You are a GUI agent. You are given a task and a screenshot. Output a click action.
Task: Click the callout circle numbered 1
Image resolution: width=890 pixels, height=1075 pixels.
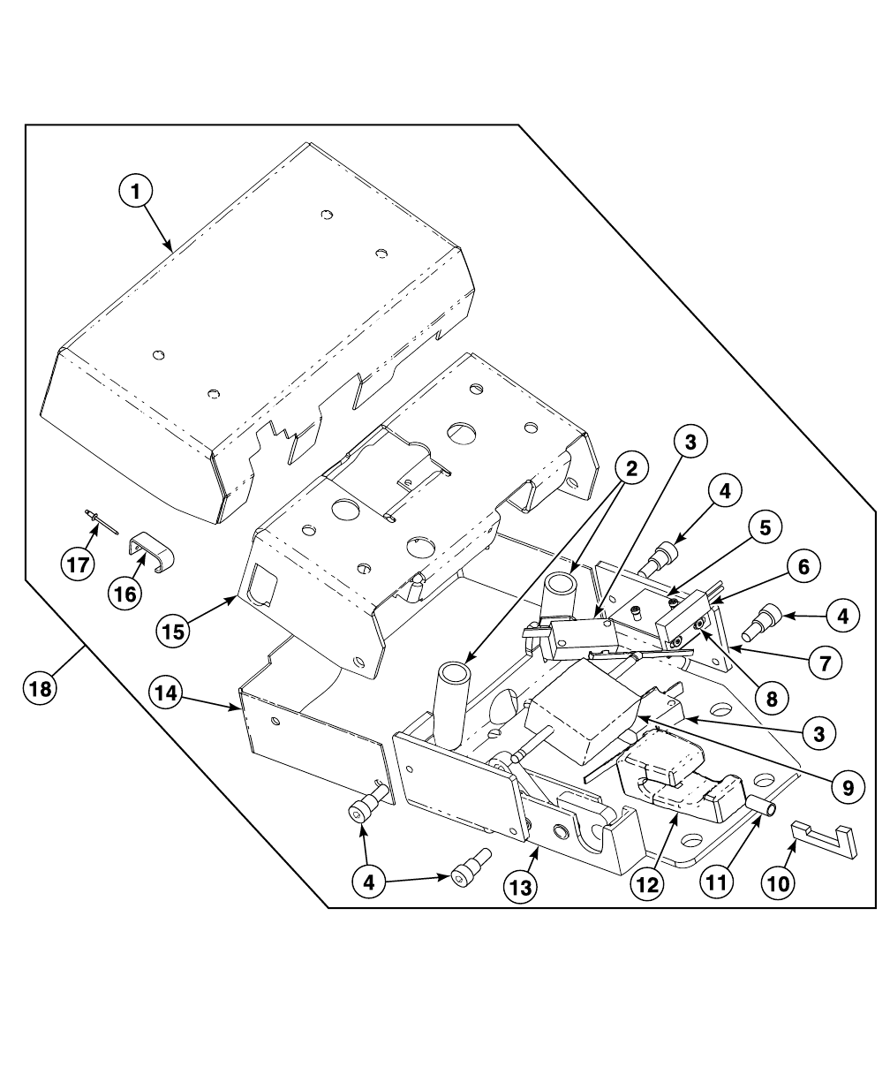(x=137, y=191)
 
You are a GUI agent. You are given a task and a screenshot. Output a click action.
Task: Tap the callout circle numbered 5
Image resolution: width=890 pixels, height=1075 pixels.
(x=765, y=527)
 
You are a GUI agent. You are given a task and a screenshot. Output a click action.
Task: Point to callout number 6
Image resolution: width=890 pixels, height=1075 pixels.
(x=803, y=567)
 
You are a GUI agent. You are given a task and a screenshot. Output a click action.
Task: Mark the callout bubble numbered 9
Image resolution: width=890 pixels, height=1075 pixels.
(x=848, y=787)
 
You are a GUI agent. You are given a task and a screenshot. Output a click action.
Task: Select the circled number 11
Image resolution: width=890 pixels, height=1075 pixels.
(x=718, y=881)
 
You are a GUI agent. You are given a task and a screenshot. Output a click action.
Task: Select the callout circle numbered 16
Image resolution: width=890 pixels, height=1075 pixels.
(x=125, y=594)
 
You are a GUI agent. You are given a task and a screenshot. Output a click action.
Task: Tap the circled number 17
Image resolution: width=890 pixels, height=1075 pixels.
(x=79, y=564)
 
